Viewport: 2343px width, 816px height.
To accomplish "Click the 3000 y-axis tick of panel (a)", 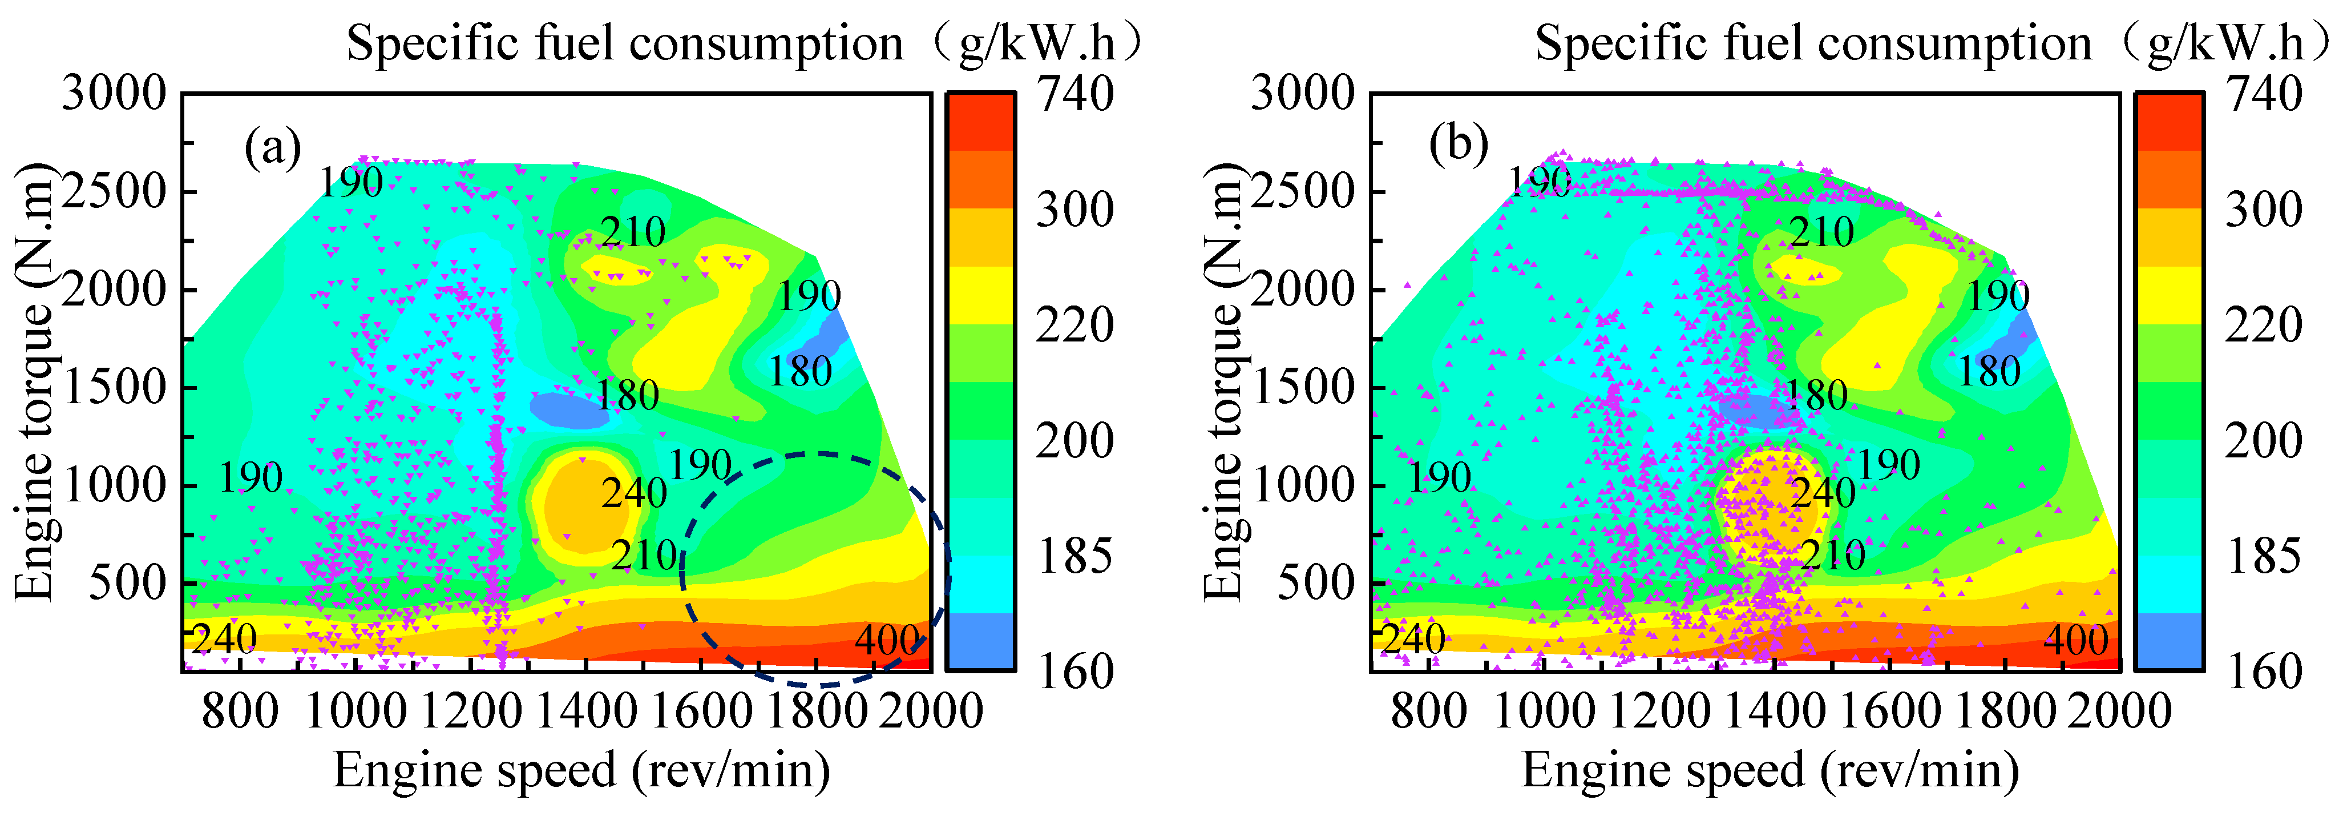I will click(115, 94).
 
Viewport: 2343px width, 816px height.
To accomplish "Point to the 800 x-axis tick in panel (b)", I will click(1428, 710).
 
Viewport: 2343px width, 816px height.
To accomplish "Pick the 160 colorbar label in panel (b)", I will click(2264, 672).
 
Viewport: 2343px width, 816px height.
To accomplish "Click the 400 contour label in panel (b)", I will click(2075, 641).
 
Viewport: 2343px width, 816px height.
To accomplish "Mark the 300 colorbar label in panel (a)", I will click(1075, 210).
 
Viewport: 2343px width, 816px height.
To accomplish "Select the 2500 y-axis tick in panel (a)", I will click(115, 192).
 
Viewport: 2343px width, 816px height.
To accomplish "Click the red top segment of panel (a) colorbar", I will click(980, 122).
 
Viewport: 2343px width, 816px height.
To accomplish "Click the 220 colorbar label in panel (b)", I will click(2264, 325).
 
